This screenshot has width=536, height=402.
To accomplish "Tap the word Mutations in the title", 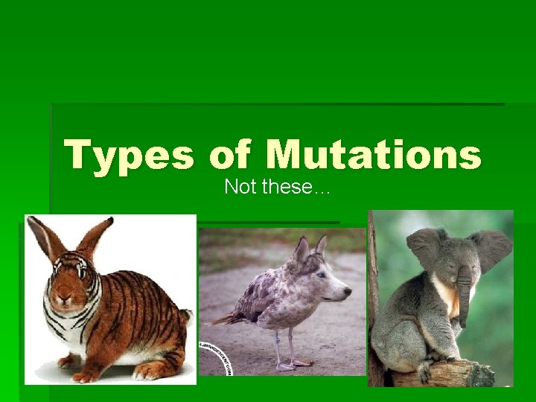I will point(374,154).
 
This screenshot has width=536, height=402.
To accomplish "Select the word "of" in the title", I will point(232,154).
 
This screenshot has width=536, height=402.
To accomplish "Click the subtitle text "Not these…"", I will point(277,187).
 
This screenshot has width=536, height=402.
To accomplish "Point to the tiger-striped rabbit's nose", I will point(62,299).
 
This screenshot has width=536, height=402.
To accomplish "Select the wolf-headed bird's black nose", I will point(347,296).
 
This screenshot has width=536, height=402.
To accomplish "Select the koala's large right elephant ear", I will point(491,249).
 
